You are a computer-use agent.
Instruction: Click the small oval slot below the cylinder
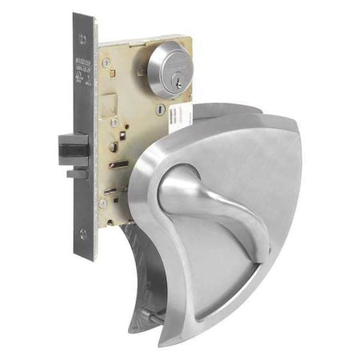(x=161, y=110)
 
